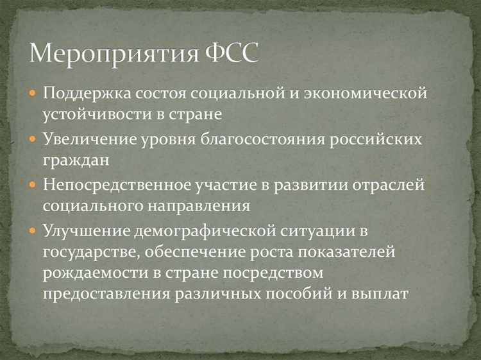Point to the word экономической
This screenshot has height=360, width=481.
[366, 94]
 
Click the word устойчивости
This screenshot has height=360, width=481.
[92, 115]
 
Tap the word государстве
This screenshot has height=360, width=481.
[87, 252]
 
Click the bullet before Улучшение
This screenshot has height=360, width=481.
[33, 229]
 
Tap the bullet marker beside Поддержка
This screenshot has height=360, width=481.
[33, 94]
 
